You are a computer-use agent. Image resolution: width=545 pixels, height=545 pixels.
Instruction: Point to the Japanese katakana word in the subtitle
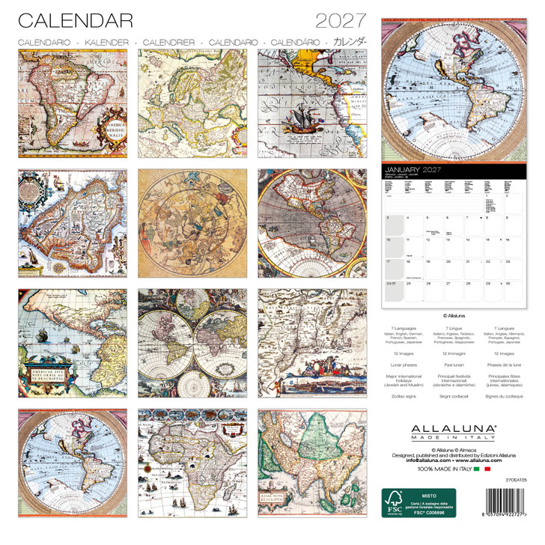350,42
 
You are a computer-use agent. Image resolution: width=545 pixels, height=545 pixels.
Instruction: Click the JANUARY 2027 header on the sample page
410,171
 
